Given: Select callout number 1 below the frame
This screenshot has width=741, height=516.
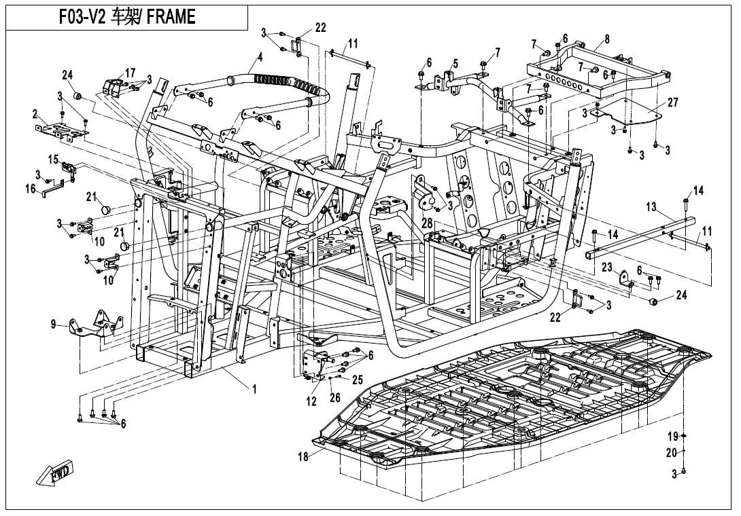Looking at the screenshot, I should pyautogui.click(x=254, y=389).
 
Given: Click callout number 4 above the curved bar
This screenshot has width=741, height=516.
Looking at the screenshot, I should pyautogui.click(x=259, y=58).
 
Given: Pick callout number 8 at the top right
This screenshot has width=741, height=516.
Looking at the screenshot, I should pyautogui.click(x=606, y=40).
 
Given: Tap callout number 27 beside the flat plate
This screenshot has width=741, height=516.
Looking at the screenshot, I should pyautogui.click(x=672, y=103).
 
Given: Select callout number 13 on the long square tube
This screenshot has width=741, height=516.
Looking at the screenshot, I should pyautogui.click(x=651, y=206).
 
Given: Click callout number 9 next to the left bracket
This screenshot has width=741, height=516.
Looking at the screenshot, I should pyautogui.click(x=53, y=325).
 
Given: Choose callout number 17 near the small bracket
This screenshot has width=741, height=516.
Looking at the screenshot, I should pyautogui.click(x=130, y=72).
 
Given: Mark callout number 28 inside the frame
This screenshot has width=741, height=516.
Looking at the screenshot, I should pyautogui.click(x=426, y=223).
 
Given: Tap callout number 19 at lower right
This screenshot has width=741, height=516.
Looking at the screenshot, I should pyautogui.click(x=672, y=436).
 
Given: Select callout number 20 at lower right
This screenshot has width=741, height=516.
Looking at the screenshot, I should pyautogui.click(x=672, y=453).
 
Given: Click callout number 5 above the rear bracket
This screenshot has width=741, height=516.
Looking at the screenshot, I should pyautogui.click(x=455, y=64).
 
